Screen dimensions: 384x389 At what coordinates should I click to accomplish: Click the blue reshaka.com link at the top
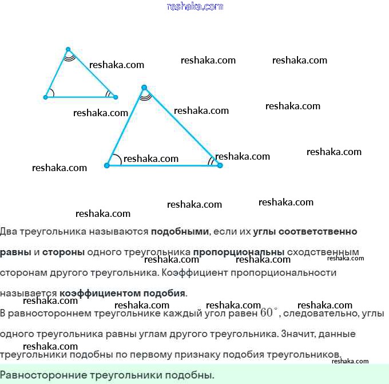tap(194, 6)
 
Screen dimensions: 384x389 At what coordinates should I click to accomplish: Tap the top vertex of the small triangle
tap(68, 49)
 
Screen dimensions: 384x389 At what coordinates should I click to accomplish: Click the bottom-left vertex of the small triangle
tap(46, 97)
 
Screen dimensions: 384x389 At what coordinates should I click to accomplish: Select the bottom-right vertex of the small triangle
tap(115, 97)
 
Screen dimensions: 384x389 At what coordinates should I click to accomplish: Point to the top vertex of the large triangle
tap(144, 87)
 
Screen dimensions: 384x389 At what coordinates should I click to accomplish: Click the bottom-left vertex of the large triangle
tap(107, 165)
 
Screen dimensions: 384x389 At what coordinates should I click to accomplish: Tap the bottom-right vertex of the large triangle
tap(220, 165)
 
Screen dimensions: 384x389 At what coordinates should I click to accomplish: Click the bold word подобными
tap(180, 232)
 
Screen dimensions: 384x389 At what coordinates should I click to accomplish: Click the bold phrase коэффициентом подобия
tap(122, 293)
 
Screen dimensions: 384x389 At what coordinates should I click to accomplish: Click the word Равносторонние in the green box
tap(43, 375)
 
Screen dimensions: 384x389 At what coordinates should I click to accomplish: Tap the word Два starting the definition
tap(9, 232)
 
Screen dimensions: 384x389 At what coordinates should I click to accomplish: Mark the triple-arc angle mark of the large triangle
tap(145, 96)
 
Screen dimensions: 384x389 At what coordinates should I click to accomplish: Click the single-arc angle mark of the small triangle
tap(51, 93)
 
